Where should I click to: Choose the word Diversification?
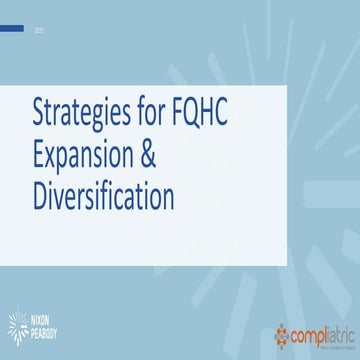(103, 195)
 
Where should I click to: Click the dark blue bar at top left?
(12, 28)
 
